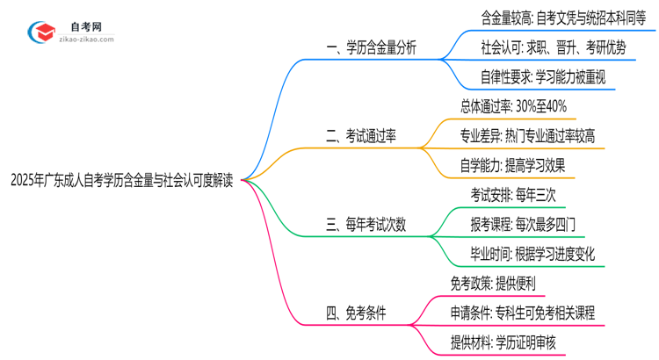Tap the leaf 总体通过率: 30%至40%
pos(513,106)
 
